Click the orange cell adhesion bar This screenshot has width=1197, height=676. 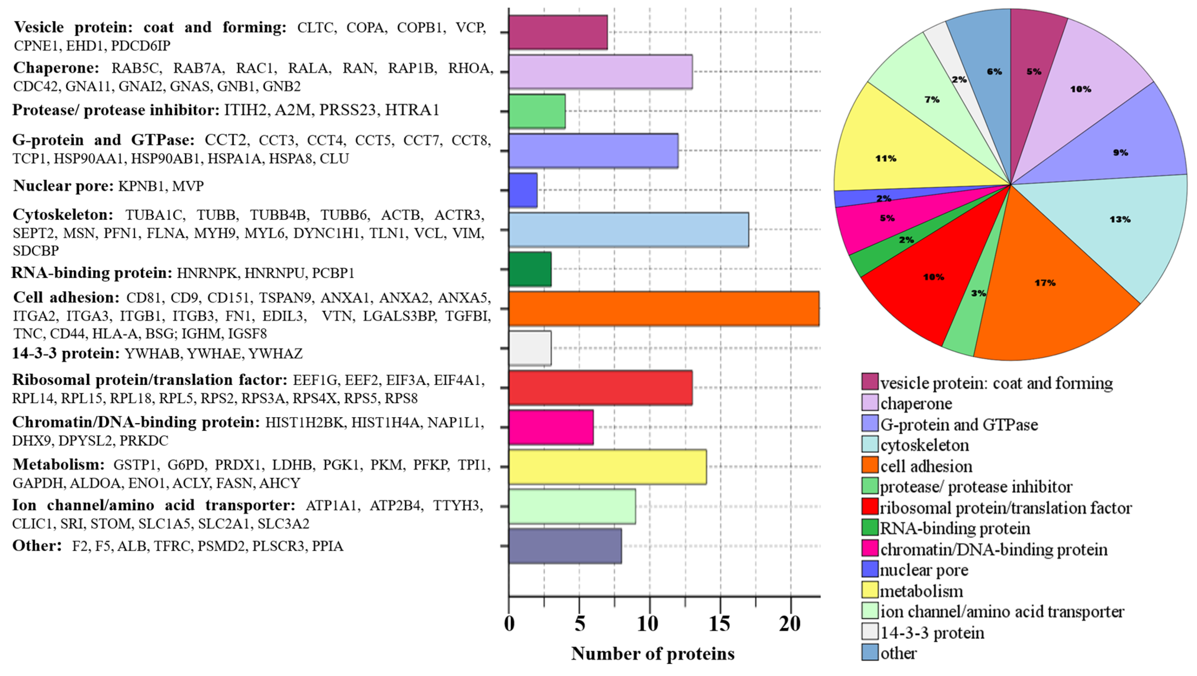(x=664, y=308)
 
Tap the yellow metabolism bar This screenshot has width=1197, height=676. (x=607, y=467)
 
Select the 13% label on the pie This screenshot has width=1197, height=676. (x=1120, y=219)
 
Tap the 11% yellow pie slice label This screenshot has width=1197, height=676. (x=886, y=158)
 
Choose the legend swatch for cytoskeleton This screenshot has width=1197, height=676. (x=870, y=444)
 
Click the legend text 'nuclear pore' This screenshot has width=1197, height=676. (x=924, y=570)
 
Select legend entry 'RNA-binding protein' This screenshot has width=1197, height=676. (x=955, y=528)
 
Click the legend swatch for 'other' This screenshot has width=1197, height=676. (x=870, y=652)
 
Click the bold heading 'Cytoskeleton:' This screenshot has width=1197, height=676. (x=63, y=215)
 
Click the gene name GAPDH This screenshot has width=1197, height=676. (x=38, y=483)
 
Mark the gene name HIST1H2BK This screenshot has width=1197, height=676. (x=305, y=423)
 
